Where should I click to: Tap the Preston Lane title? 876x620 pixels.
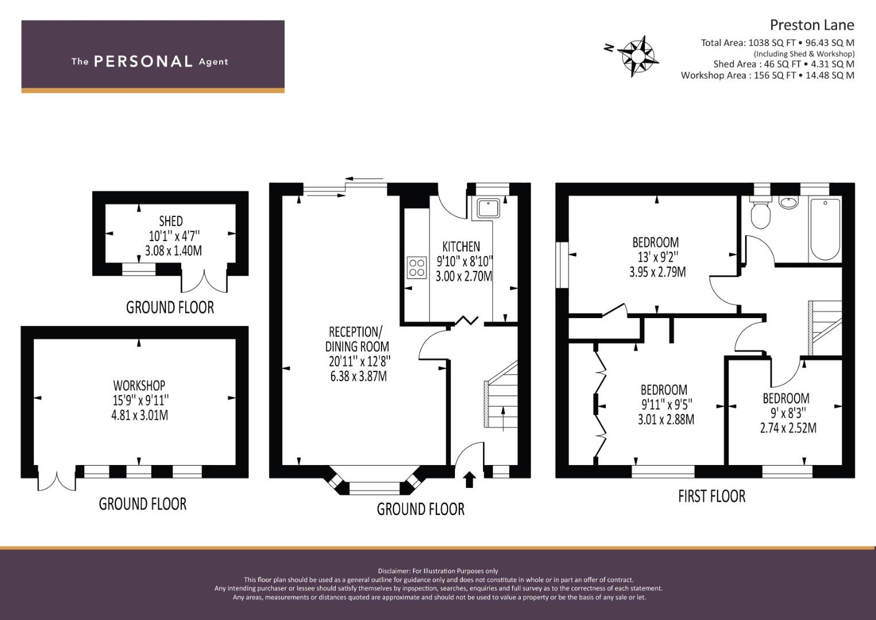tap(812, 25)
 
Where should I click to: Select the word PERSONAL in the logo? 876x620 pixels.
tap(143, 61)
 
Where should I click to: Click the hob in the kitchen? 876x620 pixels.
tap(417, 268)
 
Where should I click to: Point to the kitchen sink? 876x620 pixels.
tap(488, 208)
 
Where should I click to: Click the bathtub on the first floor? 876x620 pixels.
tap(825, 230)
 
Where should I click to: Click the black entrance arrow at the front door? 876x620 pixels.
tap(470, 479)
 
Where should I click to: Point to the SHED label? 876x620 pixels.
tap(171, 221)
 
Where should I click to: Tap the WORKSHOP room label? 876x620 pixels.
tap(139, 386)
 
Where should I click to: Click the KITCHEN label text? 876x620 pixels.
tap(461, 247)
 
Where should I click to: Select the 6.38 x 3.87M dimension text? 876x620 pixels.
tap(359, 376)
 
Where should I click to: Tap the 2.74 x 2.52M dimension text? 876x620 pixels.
tap(788, 428)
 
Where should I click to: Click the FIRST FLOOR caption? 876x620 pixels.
tap(712, 497)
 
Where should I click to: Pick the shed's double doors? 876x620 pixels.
tap(204, 280)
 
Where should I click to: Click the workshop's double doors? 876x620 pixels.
tap(57, 479)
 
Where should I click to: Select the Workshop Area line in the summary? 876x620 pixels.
tap(768, 75)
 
